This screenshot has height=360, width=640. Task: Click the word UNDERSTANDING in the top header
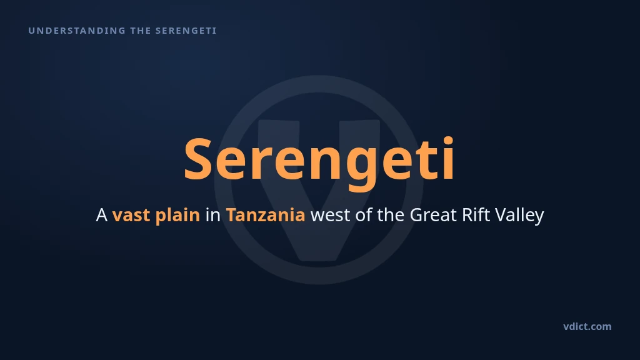tap(77, 31)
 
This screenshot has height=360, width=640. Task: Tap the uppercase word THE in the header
tap(141, 31)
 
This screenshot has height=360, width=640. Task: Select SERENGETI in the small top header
tap(186, 31)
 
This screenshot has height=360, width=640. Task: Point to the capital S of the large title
tap(198, 159)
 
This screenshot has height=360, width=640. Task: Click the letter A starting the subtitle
tap(102, 215)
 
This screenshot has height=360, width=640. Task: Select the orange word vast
tap(131, 216)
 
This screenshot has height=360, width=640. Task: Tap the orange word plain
tap(177, 216)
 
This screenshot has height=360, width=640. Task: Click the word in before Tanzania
tap(212, 215)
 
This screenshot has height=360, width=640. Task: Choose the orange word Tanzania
tap(265, 215)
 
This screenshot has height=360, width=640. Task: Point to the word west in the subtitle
tap(330, 216)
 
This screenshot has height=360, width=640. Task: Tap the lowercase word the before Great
tap(391, 215)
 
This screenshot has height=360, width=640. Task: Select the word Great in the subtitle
tap(433, 215)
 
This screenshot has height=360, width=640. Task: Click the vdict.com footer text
tap(587, 326)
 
